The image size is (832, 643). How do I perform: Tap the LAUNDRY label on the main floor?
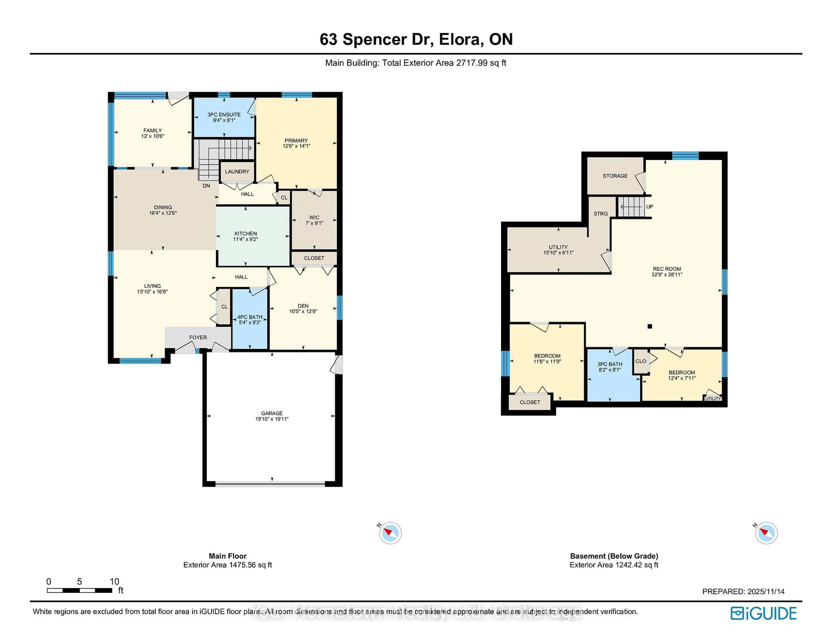237,171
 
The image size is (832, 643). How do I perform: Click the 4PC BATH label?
250,317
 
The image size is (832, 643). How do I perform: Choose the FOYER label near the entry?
198,338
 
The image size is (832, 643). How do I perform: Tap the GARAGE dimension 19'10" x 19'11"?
272,419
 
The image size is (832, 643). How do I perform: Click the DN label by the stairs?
206,186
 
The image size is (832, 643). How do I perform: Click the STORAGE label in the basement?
615,176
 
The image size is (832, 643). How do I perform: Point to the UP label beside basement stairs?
650,206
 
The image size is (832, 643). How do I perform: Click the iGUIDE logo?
764,613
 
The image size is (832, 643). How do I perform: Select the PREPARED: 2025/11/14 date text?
743,592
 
